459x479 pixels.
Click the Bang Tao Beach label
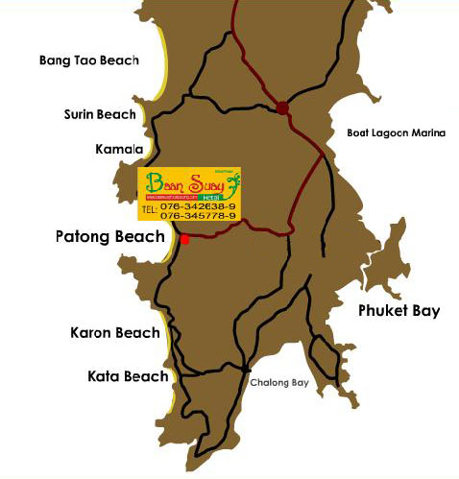click(x=88, y=60)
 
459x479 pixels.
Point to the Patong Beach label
click(x=109, y=235)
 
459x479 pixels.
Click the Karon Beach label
click(x=114, y=333)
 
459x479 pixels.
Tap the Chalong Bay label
click(x=279, y=383)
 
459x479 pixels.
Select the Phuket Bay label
click(x=399, y=310)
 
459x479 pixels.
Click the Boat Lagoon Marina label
click(x=397, y=133)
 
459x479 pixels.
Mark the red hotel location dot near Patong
click(x=184, y=239)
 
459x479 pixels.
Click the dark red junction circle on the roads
click(x=282, y=108)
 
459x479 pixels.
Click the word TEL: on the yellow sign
click(x=149, y=207)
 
